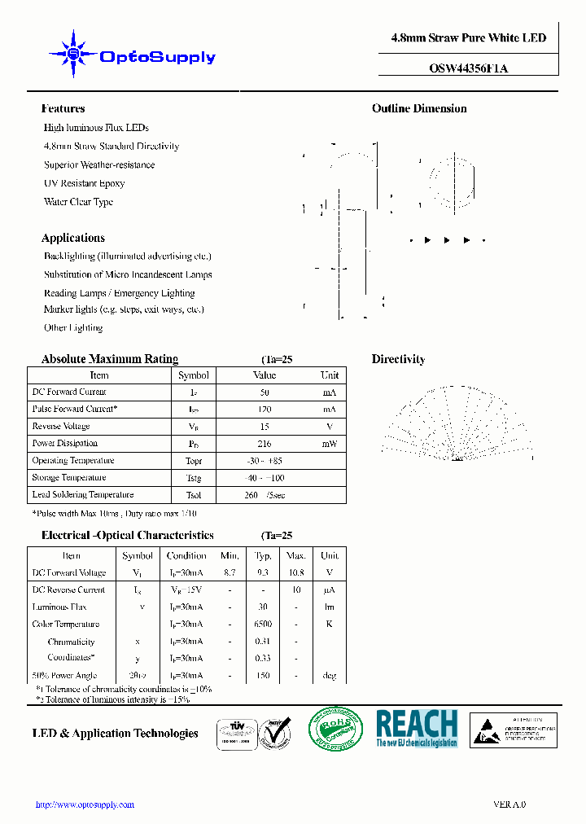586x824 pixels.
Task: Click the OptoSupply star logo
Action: [x=72, y=55]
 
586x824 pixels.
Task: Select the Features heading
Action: [x=63, y=108]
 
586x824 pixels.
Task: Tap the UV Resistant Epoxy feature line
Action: [x=84, y=183]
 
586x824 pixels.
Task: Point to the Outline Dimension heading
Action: [x=419, y=108]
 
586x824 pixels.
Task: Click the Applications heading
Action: [x=72, y=238]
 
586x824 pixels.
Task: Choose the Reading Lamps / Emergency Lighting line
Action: [x=119, y=293]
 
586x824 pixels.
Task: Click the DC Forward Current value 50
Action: [x=265, y=392]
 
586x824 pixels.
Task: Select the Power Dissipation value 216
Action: [x=265, y=444]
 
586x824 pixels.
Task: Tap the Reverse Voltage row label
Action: [x=61, y=427]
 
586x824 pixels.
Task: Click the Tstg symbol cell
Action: [x=193, y=478]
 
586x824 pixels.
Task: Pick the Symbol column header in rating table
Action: [x=193, y=375]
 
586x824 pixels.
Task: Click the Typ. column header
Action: [x=263, y=555]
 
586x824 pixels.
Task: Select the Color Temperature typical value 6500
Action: [x=263, y=624]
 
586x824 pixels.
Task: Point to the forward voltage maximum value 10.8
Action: [x=295, y=572]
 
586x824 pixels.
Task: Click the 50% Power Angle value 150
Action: [x=263, y=675]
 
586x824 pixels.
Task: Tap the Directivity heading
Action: [x=398, y=359]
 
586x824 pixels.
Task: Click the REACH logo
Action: [x=417, y=728]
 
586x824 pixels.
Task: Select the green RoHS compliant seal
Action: [x=335, y=728]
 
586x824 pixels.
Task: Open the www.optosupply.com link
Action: [x=85, y=804]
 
